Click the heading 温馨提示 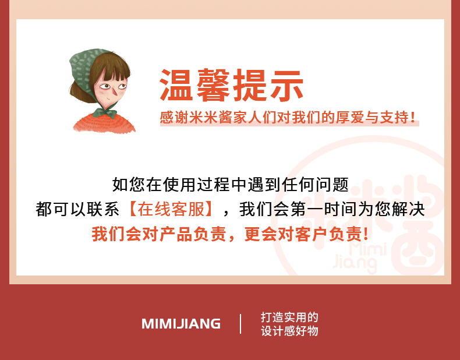point(232,85)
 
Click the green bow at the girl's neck point(105,112)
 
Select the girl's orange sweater point(104,123)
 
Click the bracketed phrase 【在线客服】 point(171,209)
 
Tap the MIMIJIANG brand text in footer point(181,324)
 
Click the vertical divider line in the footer point(240,324)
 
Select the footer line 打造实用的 point(289,317)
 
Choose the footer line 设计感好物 point(289,331)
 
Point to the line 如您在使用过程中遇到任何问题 point(231,185)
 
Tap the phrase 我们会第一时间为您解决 point(332,209)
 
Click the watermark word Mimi point(367,250)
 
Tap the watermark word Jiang point(355,264)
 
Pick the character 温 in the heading point(176,85)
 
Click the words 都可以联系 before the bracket point(77,209)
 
